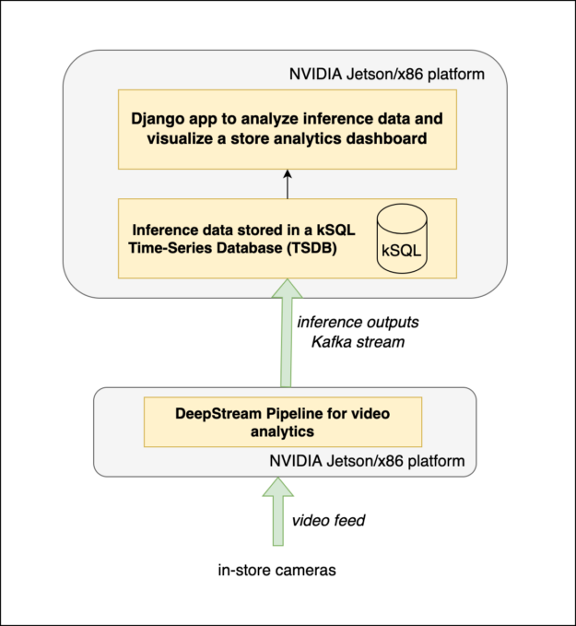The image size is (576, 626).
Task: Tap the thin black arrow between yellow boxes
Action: pyautogui.click(x=288, y=184)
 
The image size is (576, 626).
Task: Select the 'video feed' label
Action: pyautogui.click(x=329, y=521)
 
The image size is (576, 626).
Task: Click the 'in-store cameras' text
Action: pyautogui.click(x=276, y=570)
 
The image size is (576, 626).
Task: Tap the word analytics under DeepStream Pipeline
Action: pyautogui.click(x=282, y=431)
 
